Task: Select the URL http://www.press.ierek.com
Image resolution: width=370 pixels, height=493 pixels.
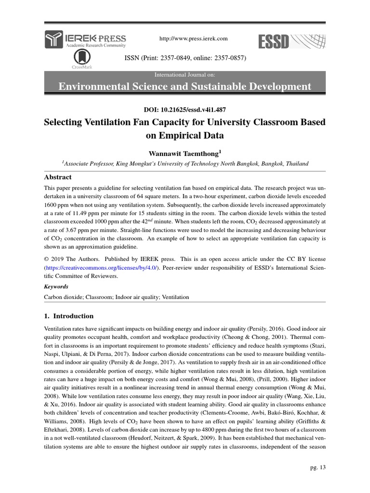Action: coord(185,39)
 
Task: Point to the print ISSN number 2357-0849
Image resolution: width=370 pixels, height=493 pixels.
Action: coord(171,58)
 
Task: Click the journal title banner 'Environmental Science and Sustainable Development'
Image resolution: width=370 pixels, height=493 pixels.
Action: coord(185,87)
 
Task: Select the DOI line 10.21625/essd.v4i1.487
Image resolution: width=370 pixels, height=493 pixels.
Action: coord(185,109)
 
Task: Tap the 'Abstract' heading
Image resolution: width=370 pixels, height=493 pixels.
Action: coord(58,177)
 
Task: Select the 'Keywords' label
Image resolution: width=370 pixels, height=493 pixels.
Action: coord(56,286)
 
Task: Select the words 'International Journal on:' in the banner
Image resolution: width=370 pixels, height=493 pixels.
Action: coord(185,76)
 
